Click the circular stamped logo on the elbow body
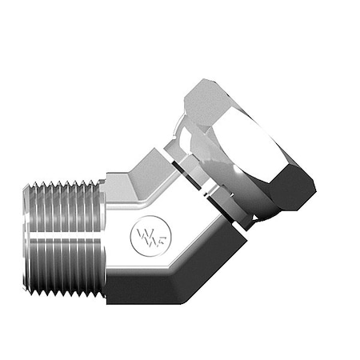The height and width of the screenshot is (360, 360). pyautogui.click(x=145, y=236)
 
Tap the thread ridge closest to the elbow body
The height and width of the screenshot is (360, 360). pyautogui.click(x=98, y=240)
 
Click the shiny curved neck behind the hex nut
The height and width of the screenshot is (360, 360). pyautogui.click(x=192, y=144)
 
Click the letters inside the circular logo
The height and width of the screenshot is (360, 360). pyautogui.click(x=145, y=237)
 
